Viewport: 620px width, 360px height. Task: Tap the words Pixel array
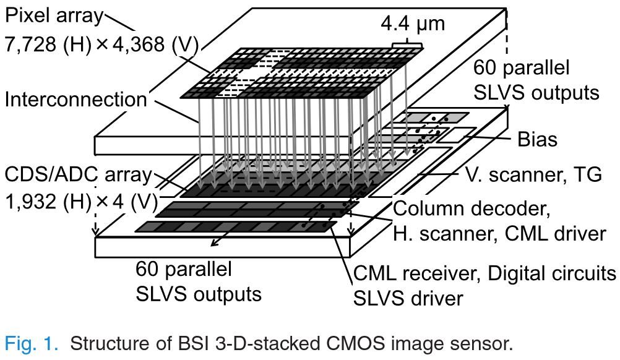pos(54,15)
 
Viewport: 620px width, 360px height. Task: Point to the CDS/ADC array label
pos(77,174)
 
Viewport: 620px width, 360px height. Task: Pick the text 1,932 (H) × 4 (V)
pos(80,202)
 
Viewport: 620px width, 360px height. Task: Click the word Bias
pos(537,140)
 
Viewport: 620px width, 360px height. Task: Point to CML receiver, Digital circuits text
pos(484,272)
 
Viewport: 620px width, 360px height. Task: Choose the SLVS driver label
pos(408,299)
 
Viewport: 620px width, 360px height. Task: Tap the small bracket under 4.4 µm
pos(408,46)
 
